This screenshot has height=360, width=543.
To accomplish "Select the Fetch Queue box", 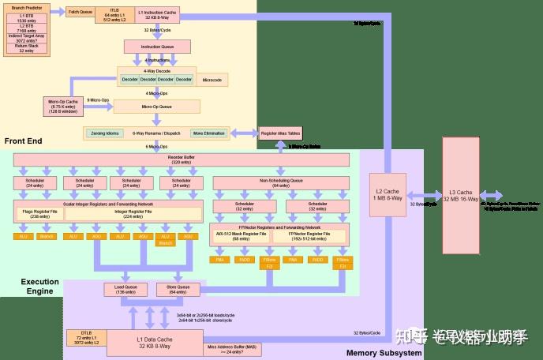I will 80,12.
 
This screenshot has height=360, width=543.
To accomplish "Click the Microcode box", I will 212,80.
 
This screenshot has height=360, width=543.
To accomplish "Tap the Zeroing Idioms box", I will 105,133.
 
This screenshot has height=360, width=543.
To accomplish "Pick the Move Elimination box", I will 208,133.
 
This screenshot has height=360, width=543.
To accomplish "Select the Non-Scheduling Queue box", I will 281,183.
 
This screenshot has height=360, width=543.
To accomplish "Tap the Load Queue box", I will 125,289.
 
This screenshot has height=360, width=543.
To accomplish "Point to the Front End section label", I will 23,141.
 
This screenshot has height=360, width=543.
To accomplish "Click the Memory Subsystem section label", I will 384,353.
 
